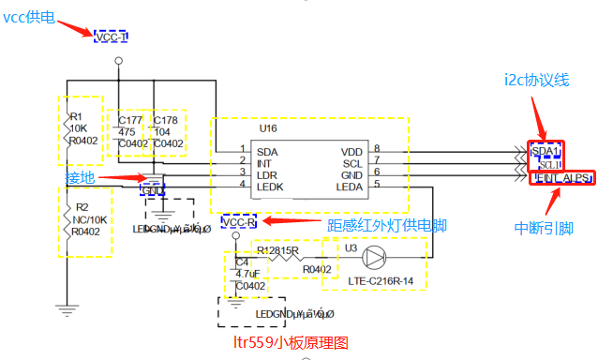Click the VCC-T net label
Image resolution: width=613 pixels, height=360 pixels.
(111, 37)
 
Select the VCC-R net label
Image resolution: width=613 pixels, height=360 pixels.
(239, 222)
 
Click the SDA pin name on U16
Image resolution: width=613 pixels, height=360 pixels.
(267, 150)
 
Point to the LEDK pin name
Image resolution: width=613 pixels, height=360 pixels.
(271, 187)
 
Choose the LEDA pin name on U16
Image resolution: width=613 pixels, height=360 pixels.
(350, 187)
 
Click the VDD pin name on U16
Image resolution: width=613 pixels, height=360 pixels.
(351, 150)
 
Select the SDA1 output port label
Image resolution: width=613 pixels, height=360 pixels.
(546, 151)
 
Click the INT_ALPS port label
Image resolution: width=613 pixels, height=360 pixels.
(561, 176)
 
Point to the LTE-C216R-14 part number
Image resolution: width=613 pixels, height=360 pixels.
(379, 280)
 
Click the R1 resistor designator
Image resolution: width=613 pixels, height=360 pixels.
(77, 116)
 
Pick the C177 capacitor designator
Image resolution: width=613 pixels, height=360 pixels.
(128, 120)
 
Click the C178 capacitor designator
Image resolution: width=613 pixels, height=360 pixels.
(166, 120)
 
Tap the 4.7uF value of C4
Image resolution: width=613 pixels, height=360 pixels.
(249, 274)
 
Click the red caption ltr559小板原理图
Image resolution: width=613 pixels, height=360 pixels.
(291, 343)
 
